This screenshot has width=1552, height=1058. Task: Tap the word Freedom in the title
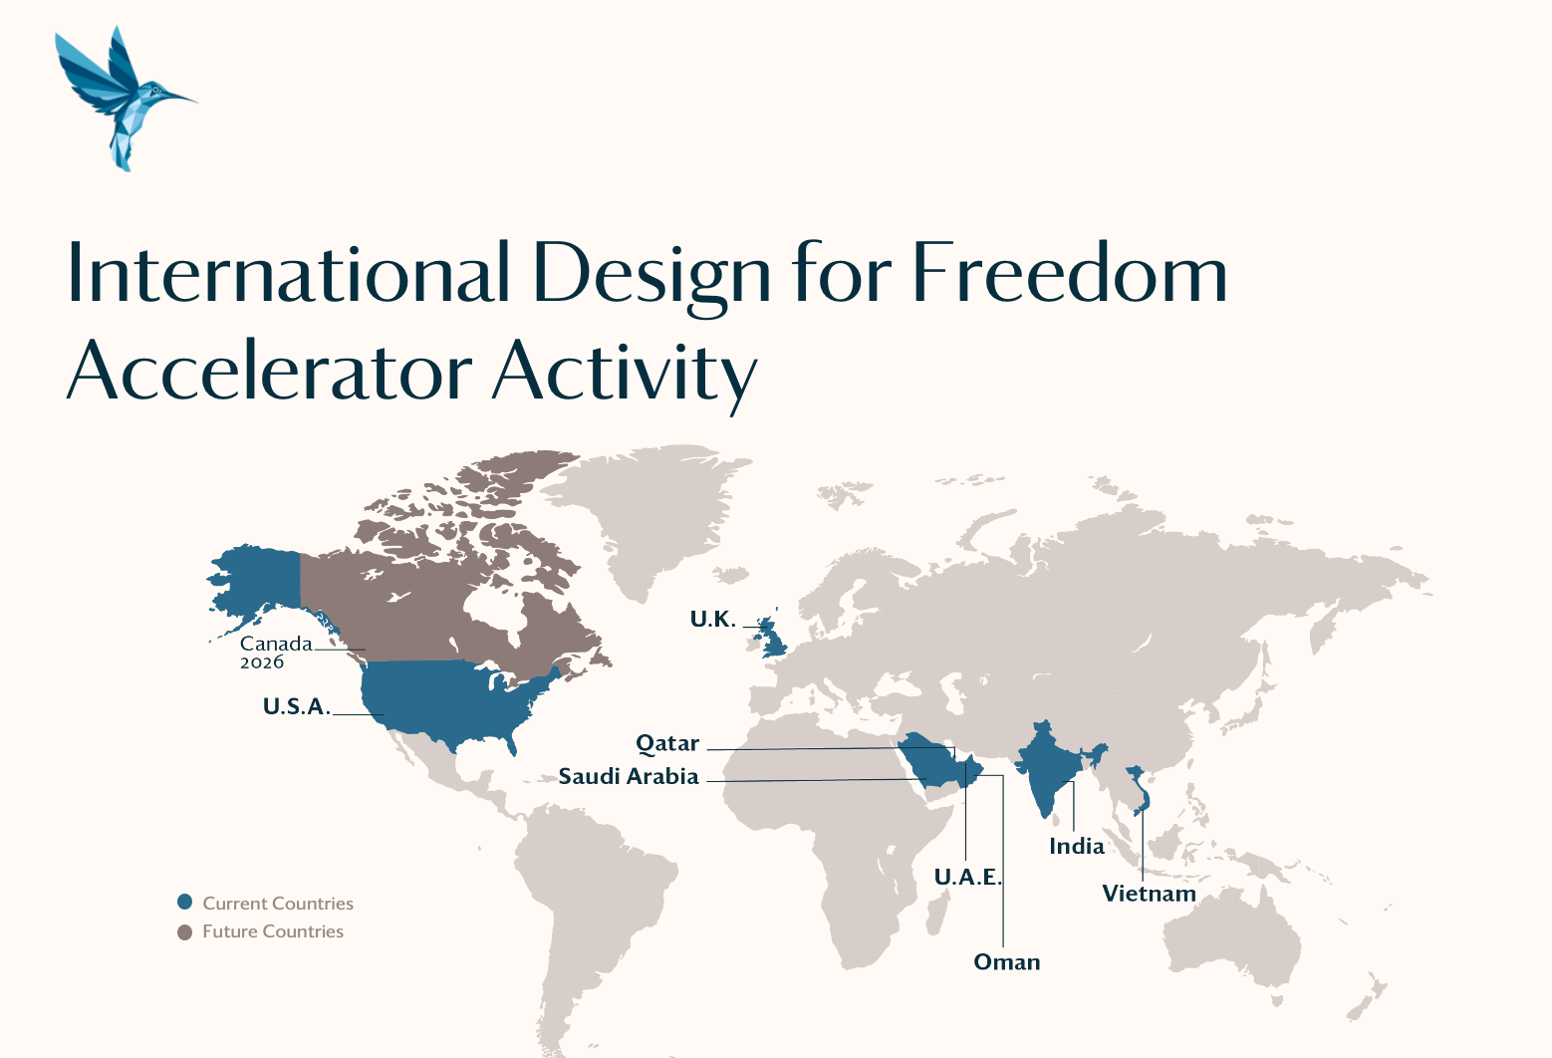pos(1069,272)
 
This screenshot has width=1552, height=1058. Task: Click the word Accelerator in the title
pos(270,370)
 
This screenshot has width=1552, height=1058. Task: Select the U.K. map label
pos(712,619)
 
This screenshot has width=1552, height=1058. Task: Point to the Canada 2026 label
pos(276,652)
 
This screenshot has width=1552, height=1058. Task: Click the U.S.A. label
pos(297,706)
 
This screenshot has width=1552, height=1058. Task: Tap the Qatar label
pos(667,743)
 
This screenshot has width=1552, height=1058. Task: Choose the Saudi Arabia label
pos(629,776)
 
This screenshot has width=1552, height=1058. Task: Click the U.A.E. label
pos(968,877)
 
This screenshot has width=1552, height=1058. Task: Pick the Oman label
pos(1007,961)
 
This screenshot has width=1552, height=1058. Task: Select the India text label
pos(1077,846)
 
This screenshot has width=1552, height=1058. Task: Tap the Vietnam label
pos(1149,893)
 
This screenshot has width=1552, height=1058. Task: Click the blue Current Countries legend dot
pos(184,902)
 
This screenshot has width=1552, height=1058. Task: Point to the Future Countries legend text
pos(273,931)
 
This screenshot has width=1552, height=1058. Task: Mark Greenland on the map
pos(645,513)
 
